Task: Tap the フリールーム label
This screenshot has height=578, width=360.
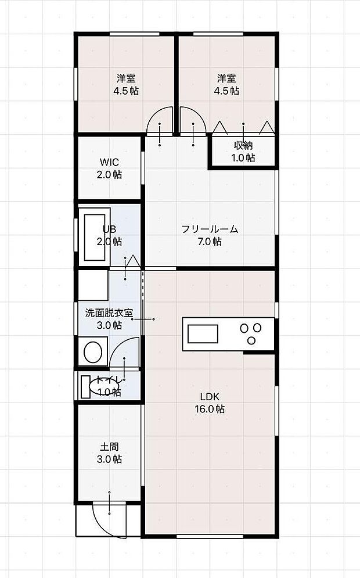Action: [x=210, y=229]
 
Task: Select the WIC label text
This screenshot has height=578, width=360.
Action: [x=110, y=161]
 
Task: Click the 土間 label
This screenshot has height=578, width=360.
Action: [x=110, y=447]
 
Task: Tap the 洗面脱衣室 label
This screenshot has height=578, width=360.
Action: [x=109, y=313]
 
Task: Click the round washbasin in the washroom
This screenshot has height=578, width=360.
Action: [x=93, y=351]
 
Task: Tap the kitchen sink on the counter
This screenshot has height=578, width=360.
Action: [x=201, y=334]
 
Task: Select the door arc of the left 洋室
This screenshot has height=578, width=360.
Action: [x=160, y=121]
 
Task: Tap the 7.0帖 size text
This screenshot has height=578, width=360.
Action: [x=210, y=242]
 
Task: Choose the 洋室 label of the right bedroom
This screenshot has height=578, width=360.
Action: [x=226, y=78]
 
